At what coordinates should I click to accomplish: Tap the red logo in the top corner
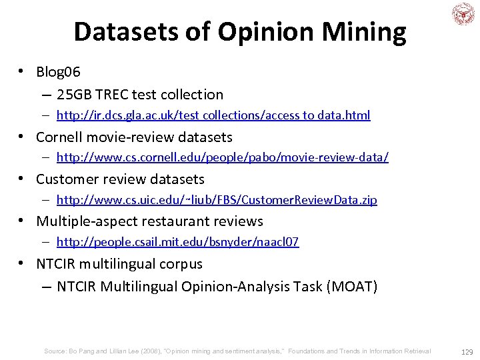[x=463, y=15]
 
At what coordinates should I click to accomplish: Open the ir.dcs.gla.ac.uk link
[x=213, y=115]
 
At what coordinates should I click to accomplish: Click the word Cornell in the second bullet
[x=61, y=137]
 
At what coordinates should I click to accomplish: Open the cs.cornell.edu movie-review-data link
[x=223, y=158]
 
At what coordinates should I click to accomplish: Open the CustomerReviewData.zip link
[x=217, y=200]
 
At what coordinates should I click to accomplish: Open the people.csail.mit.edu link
[x=177, y=242]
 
